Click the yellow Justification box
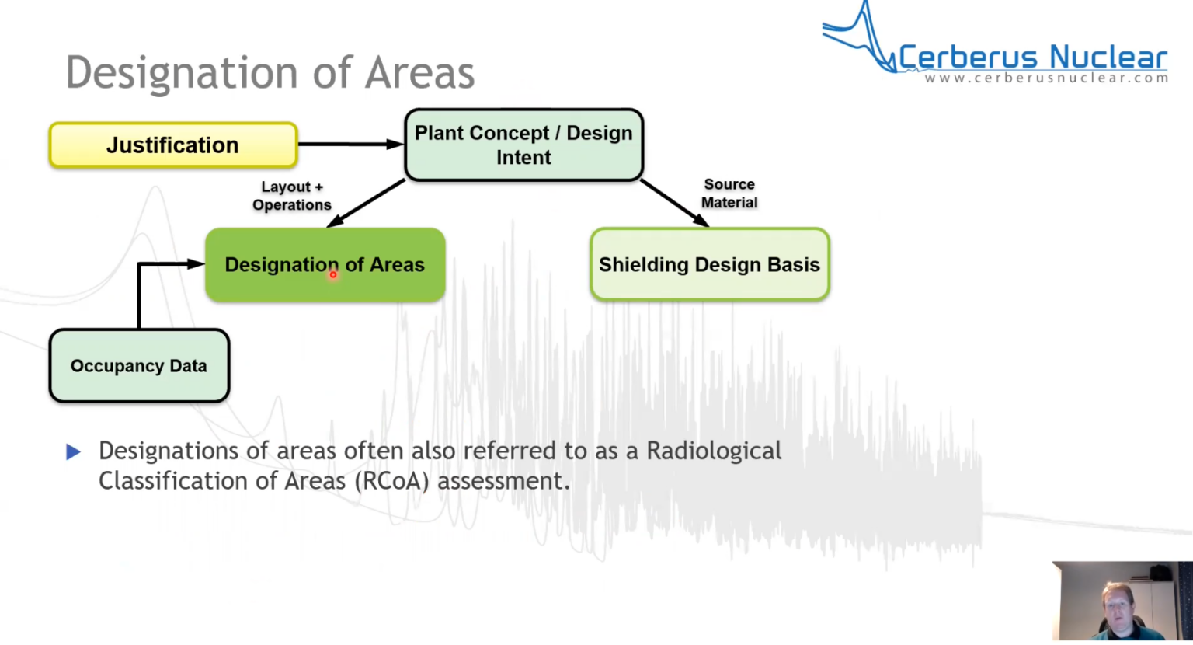click(x=172, y=145)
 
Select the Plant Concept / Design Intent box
click(x=523, y=145)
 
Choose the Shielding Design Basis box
click(x=709, y=264)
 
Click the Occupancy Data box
click(x=139, y=366)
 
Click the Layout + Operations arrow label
click(x=291, y=196)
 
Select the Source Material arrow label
click(x=729, y=193)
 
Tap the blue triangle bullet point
click(x=74, y=451)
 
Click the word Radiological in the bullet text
click(x=714, y=451)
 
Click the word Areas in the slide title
click(x=419, y=73)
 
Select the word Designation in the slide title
click(x=182, y=73)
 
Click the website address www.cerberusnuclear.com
click(x=1045, y=78)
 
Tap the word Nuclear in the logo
click(x=1108, y=58)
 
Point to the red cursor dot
click(x=332, y=274)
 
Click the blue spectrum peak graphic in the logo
click(x=862, y=35)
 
